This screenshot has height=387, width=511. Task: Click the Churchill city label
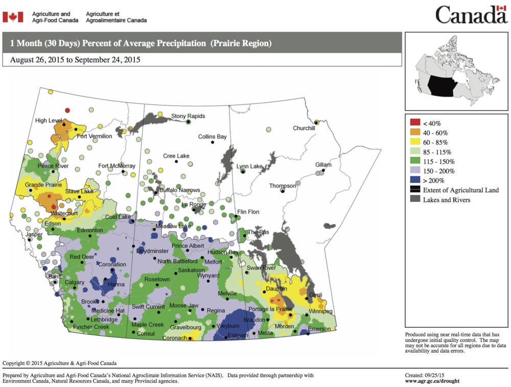(304, 128)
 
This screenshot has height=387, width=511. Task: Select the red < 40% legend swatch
(415, 123)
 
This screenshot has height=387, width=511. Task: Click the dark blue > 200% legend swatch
(415, 180)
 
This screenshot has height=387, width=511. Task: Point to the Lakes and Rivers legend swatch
(415, 199)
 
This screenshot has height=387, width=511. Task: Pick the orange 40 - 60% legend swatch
(415, 132)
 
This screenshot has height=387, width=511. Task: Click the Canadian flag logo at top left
(13, 17)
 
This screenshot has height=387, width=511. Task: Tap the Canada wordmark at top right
(471, 15)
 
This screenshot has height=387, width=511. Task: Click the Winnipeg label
(320, 311)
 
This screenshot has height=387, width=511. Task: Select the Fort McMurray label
(117, 166)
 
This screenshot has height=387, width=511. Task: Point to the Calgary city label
(74, 283)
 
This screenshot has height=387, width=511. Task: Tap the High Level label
(48, 121)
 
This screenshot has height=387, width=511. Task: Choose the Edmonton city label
(90, 231)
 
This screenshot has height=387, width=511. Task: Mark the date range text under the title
(75, 59)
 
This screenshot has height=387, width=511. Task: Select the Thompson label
(283, 186)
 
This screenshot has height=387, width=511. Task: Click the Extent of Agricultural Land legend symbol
(415, 190)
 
